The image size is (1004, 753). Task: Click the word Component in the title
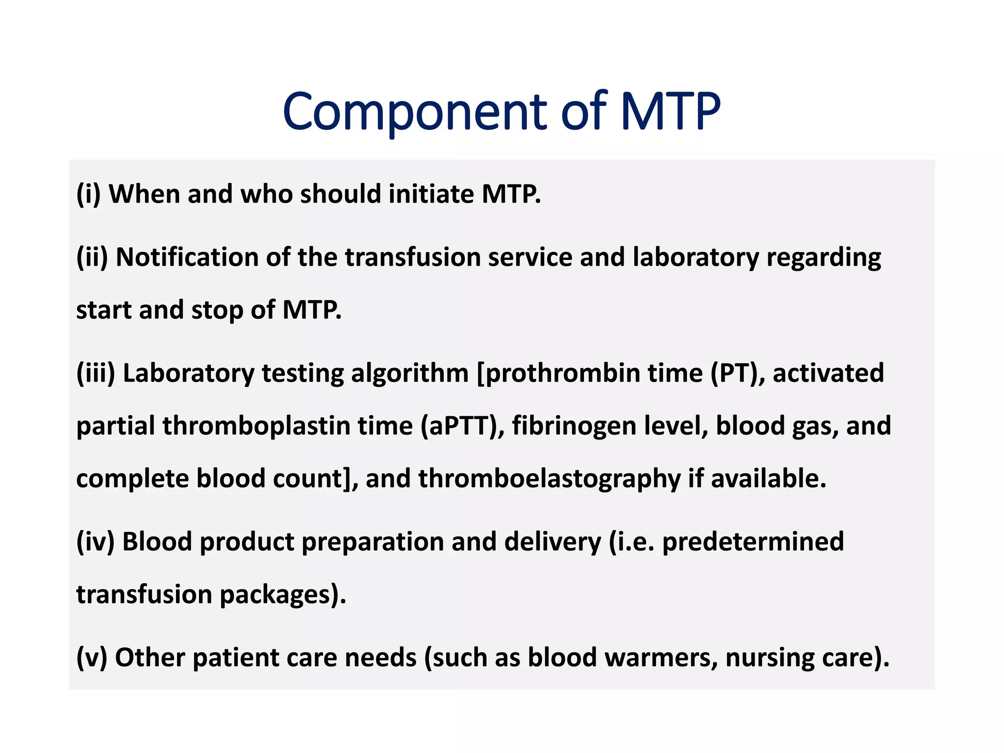click(414, 112)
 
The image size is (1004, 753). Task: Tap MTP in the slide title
click(670, 112)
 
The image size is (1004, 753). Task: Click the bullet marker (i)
click(89, 194)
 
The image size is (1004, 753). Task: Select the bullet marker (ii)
click(92, 257)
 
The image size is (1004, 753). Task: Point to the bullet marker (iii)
click(96, 374)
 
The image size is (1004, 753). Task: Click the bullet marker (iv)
click(95, 542)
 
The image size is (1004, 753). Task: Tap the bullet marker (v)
click(92, 658)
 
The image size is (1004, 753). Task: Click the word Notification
click(187, 257)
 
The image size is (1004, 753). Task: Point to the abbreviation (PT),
click(738, 374)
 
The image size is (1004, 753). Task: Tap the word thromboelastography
click(549, 479)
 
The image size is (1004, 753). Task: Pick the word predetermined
click(753, 542)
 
